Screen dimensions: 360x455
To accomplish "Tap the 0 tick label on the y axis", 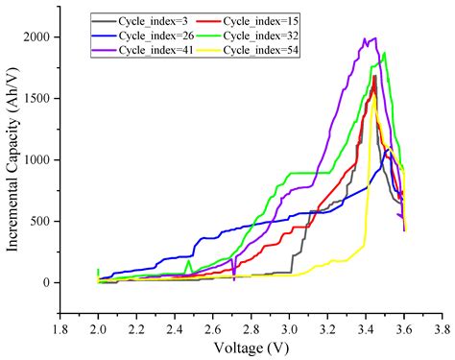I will (x=48, y=282).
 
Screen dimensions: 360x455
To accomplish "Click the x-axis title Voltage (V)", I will (x=250, y=348).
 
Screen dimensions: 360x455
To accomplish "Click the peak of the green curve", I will (x=385, y=53).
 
